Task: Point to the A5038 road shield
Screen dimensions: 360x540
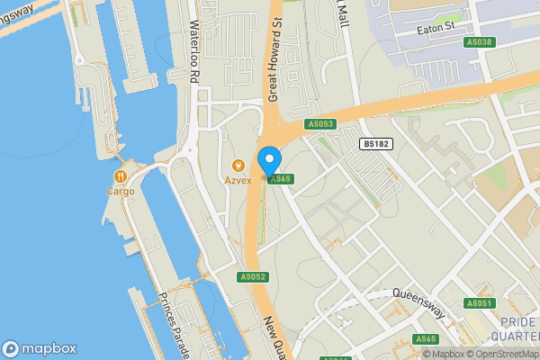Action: point(480,42)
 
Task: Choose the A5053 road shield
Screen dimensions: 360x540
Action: point(320,124)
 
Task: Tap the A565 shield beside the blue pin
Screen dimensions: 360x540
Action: point(281,179)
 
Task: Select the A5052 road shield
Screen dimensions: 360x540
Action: point(252,277)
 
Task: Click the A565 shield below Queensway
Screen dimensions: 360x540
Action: point(426,338)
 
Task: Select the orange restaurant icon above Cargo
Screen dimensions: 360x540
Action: point(120,176)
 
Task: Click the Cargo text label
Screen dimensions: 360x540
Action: point(120,191)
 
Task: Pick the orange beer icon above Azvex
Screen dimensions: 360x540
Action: point(238,166)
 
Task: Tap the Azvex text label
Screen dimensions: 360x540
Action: point(238,180)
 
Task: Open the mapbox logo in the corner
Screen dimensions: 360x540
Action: point(40,348)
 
